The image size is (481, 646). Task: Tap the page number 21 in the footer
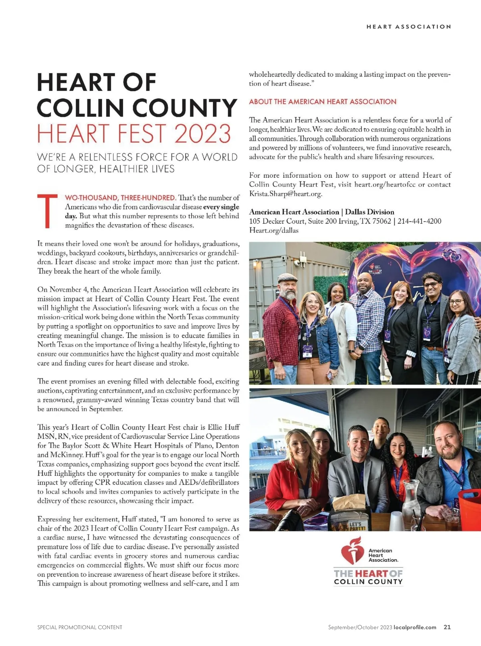(447, 627)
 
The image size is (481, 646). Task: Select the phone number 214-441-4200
(419, 221)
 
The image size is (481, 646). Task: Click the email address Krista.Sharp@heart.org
(285, 194)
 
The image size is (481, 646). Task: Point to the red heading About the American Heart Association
(323, 102)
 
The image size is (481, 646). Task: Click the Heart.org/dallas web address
(274, 230)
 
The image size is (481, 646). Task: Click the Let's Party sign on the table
(355, 525)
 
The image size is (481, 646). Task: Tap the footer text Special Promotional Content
(80, 627)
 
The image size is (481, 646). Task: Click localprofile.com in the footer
(415, 627)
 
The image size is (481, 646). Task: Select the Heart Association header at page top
(408, 27)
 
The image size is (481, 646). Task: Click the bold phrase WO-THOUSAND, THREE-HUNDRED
(120, 198)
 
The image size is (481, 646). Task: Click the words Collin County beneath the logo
(368, 582)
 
